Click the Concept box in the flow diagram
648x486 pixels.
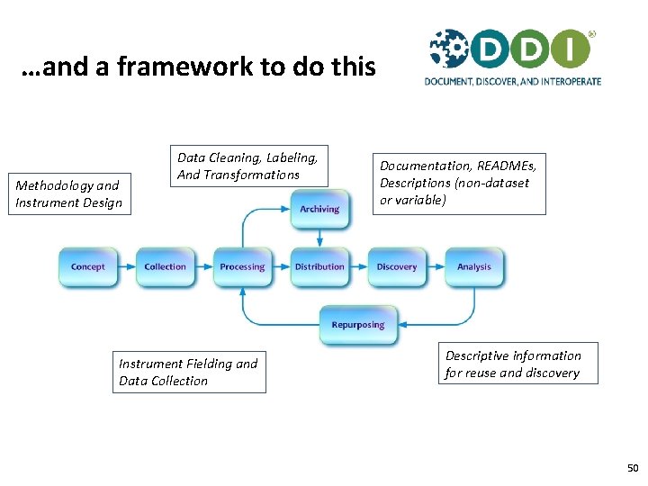point(88,266)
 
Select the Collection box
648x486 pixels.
point(166,266)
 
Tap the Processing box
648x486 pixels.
point(242,266)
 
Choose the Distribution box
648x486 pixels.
point(319,266)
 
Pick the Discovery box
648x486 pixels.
point(397,266)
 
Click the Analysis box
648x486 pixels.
point(474,266)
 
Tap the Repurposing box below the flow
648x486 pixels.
point(358,325)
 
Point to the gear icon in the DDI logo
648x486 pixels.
point(447,49)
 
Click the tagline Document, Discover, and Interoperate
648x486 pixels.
point(513,81)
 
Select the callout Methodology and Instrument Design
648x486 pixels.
point(69,193)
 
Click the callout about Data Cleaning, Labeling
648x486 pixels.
point(248,166)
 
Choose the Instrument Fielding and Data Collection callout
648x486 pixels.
point(189,372)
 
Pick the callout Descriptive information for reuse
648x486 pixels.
point(513,364)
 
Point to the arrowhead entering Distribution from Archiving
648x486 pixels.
point(319,242)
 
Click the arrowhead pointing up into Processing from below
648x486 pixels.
point(242,291)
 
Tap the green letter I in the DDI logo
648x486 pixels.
point(571,49)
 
